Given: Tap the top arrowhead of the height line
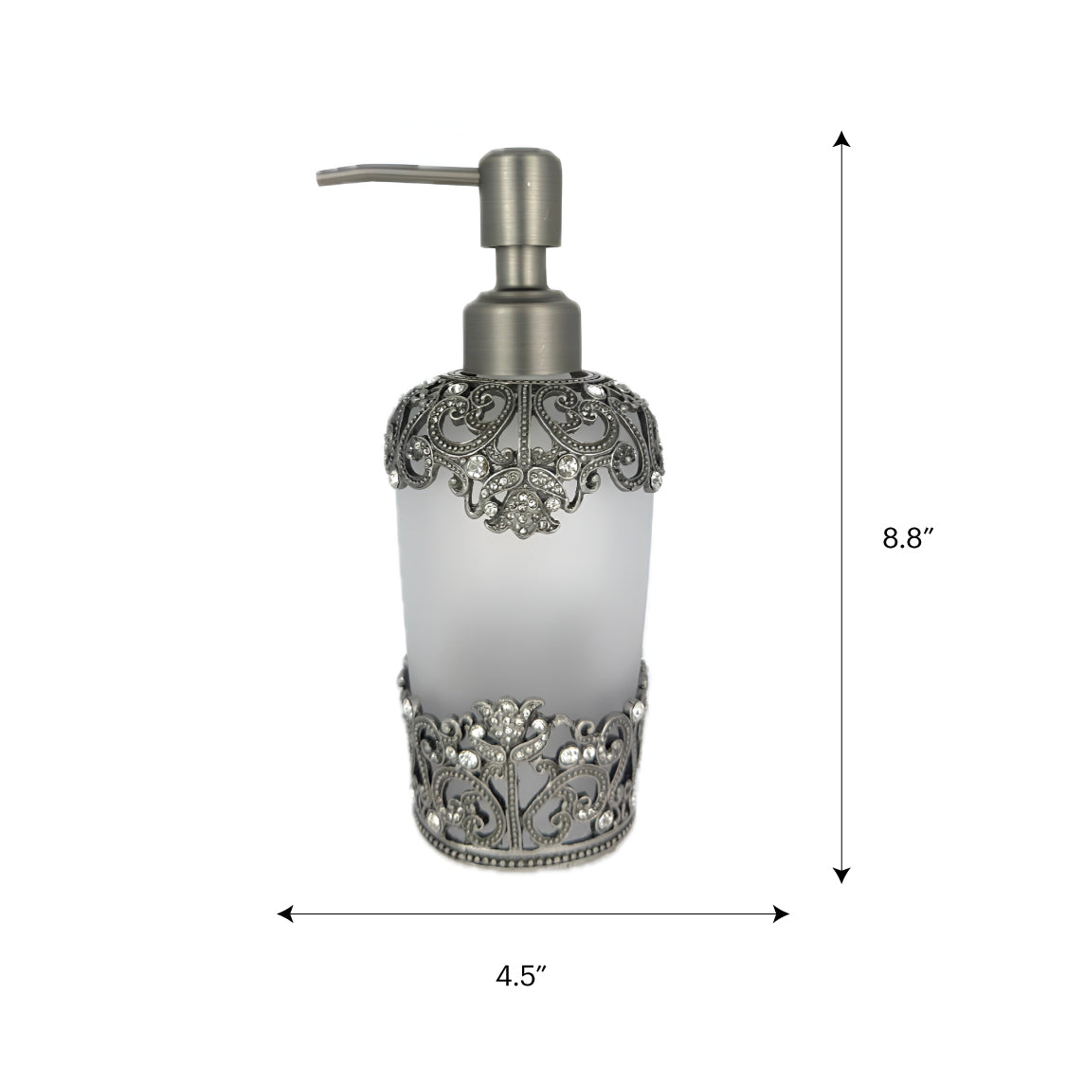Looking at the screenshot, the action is click(x=842, y=138).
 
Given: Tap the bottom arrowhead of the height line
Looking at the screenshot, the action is click(x=842, y=875).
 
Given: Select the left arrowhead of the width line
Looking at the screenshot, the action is click(x=285, y=913).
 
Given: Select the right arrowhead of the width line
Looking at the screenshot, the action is click(x=781, y=913).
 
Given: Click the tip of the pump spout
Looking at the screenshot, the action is click(x=319, y=179).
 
